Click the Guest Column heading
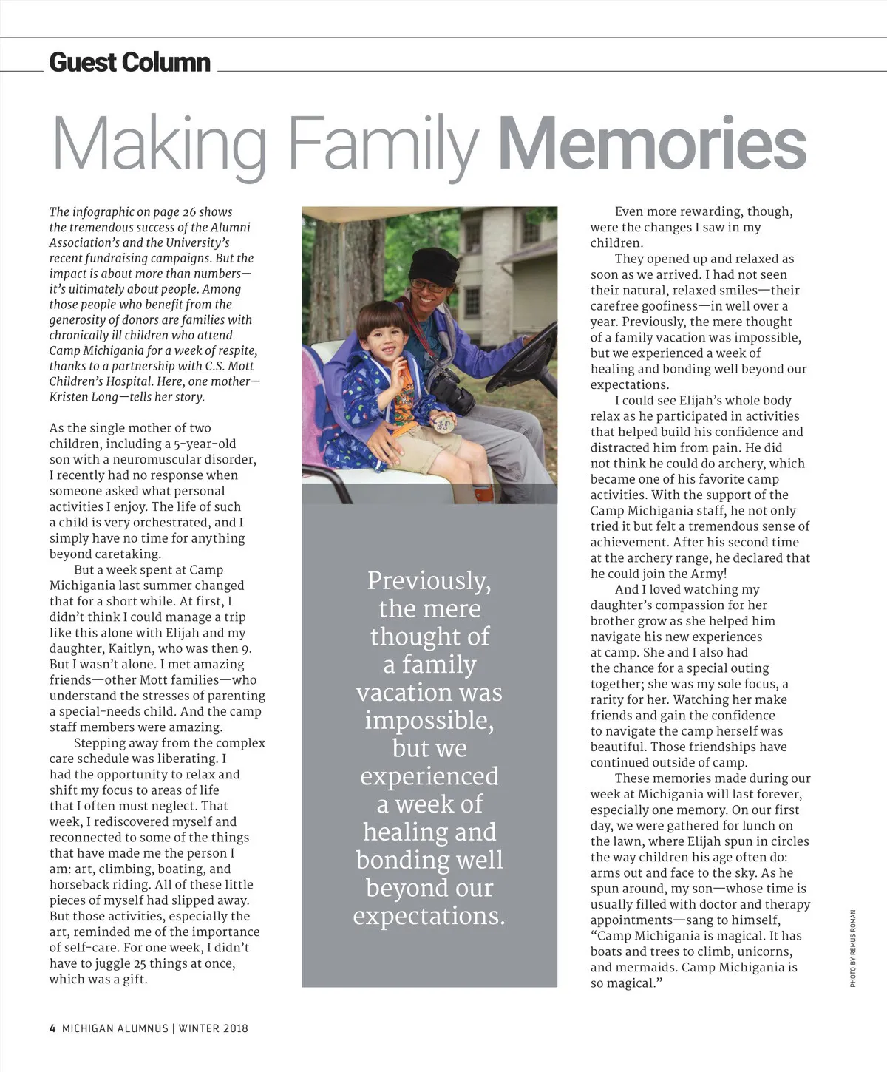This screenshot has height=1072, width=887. click(129, 62)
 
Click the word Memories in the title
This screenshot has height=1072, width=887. click(652, 144)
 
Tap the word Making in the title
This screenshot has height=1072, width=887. click(160, 144)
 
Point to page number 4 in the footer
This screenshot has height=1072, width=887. click(52, 1028)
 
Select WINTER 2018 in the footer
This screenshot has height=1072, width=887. click(213, 1028)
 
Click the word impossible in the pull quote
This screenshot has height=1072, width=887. click(429, 721)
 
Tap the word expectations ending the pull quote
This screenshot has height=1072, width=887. click(429, 916)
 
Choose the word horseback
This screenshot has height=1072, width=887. click(82, 885)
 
